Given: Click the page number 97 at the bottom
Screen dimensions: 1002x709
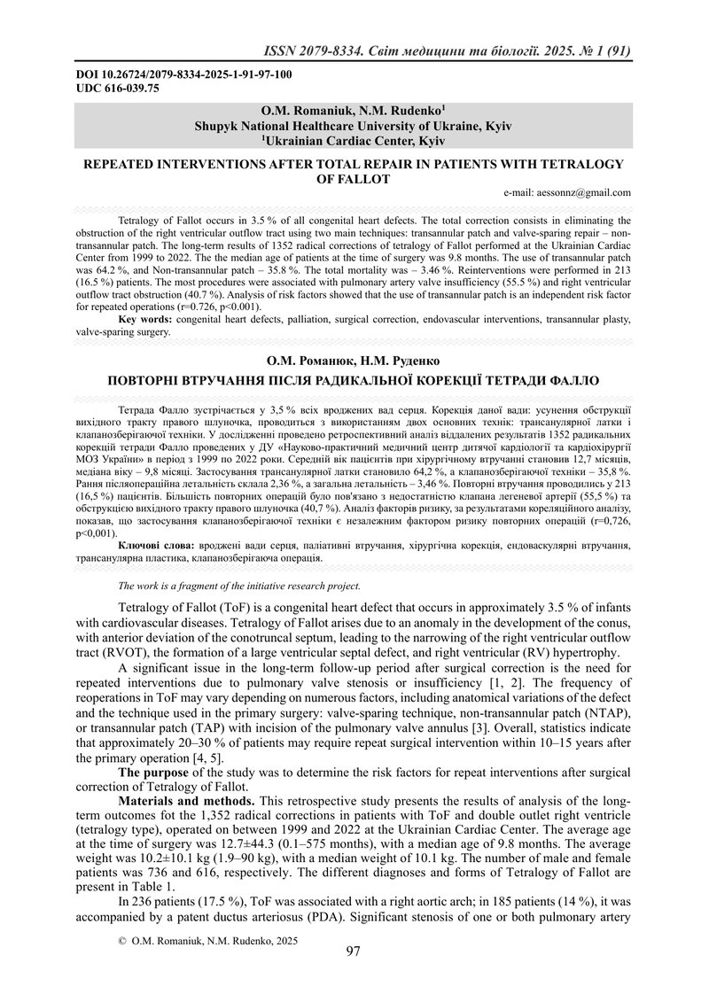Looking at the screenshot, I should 353,952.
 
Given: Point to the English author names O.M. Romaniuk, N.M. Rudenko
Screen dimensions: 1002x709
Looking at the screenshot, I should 353,113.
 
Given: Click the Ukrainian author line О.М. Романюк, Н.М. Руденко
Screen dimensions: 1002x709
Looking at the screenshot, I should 353,362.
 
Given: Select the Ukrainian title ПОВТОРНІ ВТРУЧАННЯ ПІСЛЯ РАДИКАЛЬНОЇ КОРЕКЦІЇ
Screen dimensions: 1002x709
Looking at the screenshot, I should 353,381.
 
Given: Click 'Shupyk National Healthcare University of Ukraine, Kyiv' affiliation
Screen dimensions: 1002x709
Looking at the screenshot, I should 353,127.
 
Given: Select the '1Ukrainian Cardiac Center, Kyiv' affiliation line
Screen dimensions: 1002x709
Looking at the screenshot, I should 353,140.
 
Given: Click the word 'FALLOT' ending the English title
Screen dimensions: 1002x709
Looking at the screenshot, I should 353,179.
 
